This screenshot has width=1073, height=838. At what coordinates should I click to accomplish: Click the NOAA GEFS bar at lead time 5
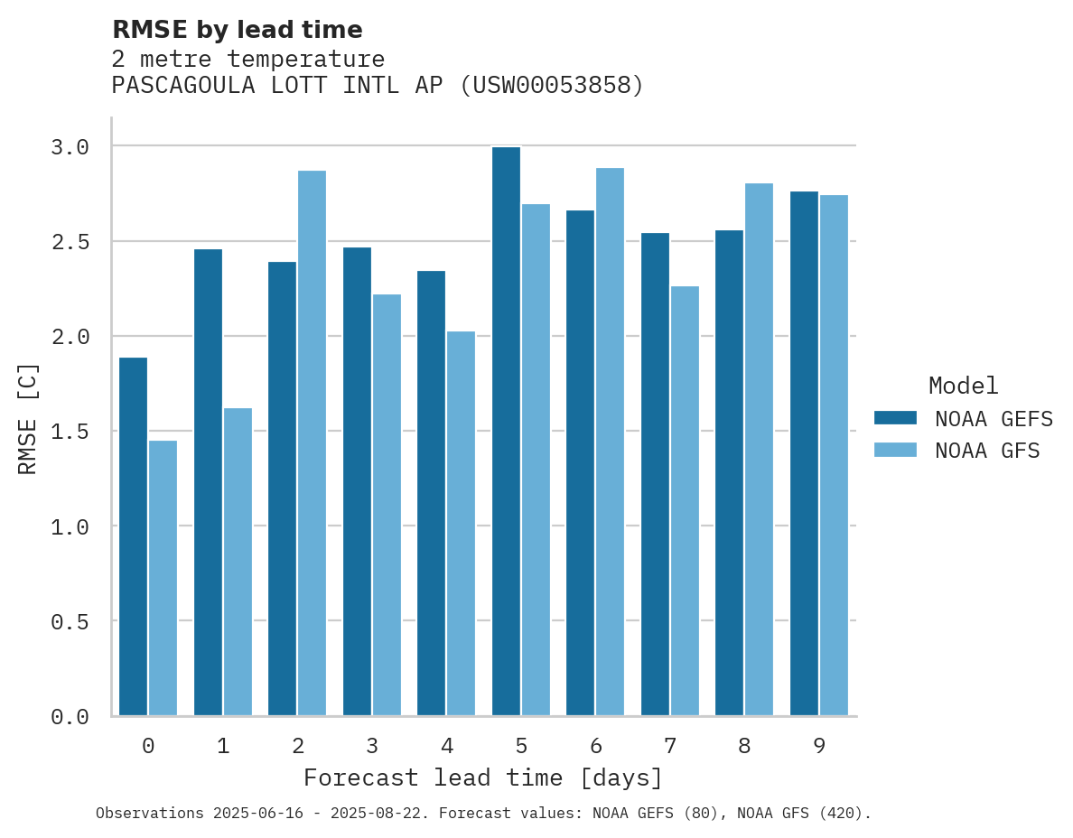click(506, 432)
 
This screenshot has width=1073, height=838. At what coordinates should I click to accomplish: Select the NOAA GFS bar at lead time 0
click(163, 578)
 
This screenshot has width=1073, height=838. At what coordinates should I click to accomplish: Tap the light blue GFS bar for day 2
click(312, 442)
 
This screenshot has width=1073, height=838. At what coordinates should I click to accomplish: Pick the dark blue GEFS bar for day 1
click(208, 482)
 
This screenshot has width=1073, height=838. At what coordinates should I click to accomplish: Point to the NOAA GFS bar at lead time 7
click(685, 501)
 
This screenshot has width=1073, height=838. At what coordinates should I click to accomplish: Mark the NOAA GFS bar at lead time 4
click(461, 524)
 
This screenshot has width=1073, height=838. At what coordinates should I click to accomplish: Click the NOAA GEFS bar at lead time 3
click(357, 481)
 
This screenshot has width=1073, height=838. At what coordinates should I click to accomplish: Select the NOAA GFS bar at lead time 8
click(759, 450)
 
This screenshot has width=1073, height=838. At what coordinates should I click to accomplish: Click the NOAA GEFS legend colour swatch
click(895, 418)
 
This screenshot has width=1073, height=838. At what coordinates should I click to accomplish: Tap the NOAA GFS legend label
click(987, 451)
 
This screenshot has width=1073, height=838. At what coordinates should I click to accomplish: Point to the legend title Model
click(963, 386)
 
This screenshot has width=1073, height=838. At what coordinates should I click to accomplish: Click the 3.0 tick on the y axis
click(70, 146)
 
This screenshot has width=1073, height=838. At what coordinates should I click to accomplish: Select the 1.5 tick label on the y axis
click(70, 432)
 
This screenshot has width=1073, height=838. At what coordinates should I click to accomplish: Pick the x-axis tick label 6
click(595, 746)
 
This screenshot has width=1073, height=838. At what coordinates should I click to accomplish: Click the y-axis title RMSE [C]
click(28, 418)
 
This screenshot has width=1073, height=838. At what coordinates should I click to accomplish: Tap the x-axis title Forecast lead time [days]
click(483, 777)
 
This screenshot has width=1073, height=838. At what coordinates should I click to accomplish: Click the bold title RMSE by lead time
click(237, 30)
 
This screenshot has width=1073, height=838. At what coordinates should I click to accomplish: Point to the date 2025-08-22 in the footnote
click(379, 814)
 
